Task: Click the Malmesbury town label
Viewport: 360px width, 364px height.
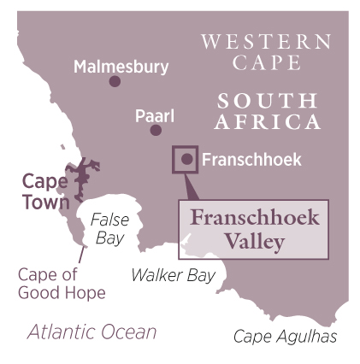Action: (121, 66)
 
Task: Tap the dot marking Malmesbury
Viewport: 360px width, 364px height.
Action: (115, 81)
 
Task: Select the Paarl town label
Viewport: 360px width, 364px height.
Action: (154, 115)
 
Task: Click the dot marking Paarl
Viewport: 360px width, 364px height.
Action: (156, 130)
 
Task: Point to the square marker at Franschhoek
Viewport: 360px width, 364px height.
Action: (186, 159)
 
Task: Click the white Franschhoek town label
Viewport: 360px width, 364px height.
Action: (251, 160)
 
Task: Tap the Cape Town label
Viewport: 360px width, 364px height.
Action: (44, 191)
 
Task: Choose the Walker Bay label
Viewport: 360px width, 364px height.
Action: (173, 275)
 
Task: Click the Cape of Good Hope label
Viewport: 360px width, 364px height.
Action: (62, 284)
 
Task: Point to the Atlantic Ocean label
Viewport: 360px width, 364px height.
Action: (91, 332)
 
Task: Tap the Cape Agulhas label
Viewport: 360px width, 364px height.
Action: (285, 336)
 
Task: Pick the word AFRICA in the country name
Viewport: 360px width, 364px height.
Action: (266, 122)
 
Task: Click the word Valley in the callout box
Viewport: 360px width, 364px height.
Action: (254, 242)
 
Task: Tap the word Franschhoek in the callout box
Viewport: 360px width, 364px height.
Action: (254, 218)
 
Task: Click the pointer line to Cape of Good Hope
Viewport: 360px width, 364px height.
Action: (82, 253)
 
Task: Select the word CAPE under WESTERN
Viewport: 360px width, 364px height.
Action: (266, 62)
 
